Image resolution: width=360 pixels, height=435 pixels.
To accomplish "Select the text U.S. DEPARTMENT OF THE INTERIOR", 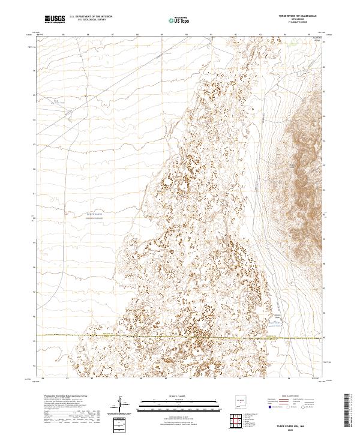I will coord(91,17).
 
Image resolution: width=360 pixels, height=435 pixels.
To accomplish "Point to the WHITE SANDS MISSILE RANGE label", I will coord(94,216).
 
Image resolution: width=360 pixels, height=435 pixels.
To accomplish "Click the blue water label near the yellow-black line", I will coord(275,322).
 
